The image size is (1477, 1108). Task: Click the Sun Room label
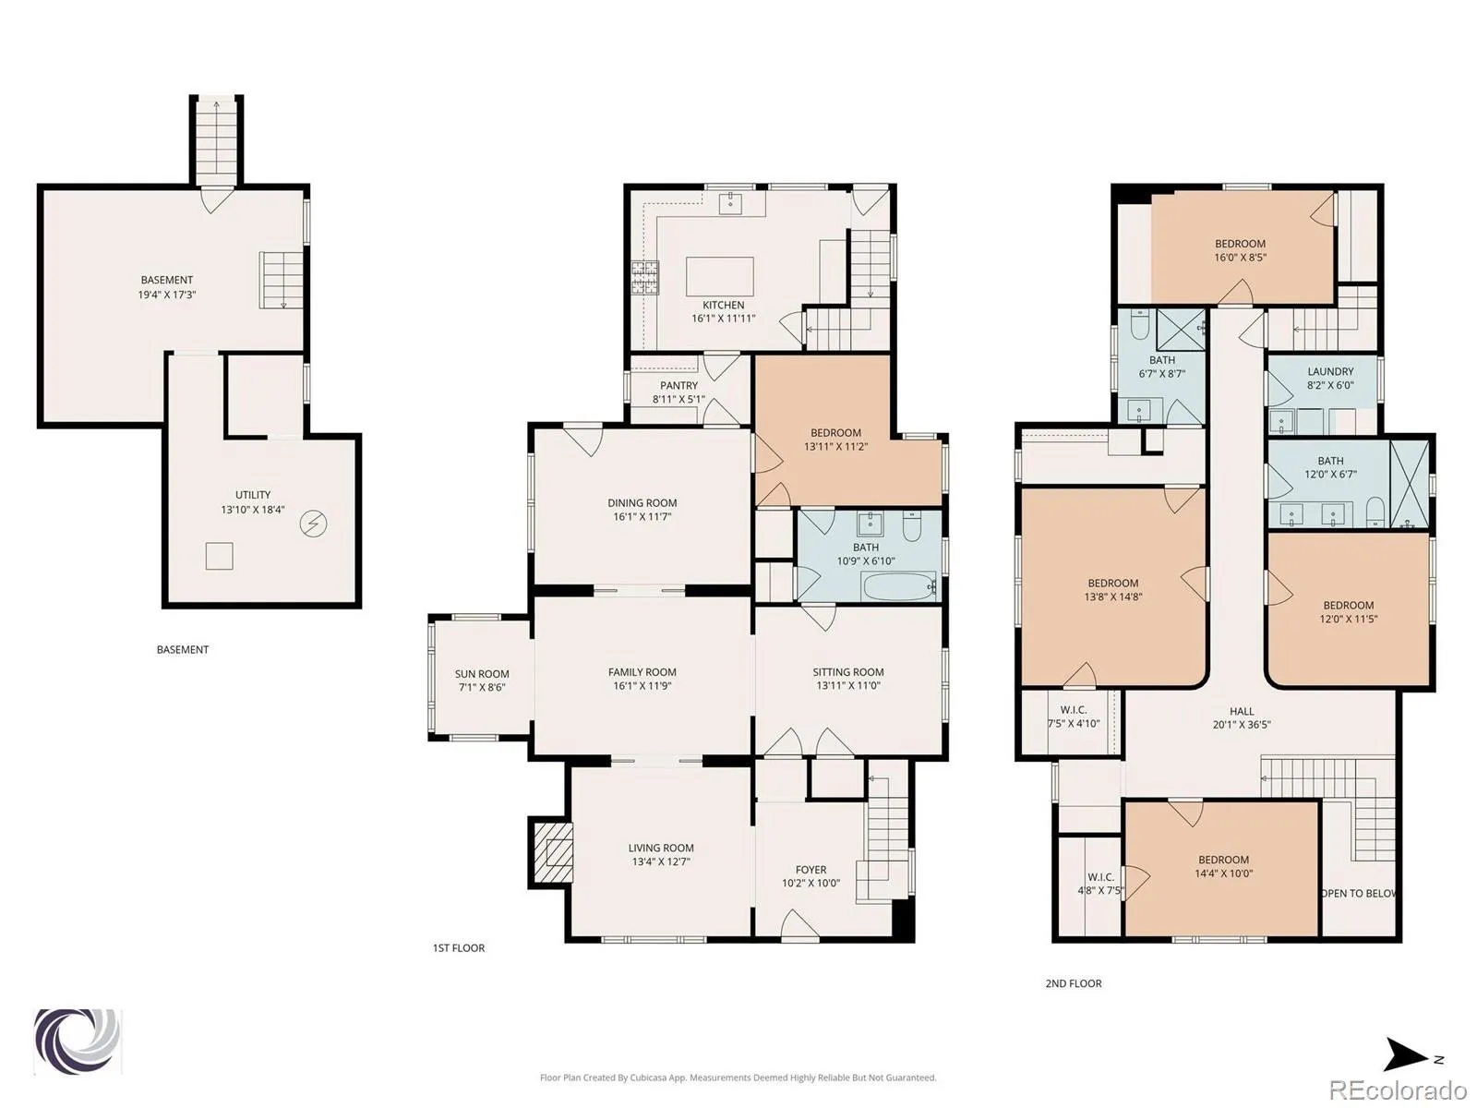pyautogui.click(x=482, y=673)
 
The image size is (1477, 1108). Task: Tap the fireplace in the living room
pyautogui.click(x=551, y=852)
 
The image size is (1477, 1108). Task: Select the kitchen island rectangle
pyautogui.click(x=719, y=276)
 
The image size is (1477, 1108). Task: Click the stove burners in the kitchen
pyautogui.click(x=645, y=277)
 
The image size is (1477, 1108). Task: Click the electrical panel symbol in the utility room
pyautogui.click(x=314, y=524)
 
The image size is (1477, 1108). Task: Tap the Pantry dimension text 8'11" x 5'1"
pyautogui.click(x=678, y=399)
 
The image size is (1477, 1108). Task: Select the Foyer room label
pyautogui.click(x=811, y=869)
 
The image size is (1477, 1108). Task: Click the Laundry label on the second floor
pyautogui.click(x=1330, y=371)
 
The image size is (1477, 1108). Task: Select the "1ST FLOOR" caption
pyautogui.click(x=458, y=948)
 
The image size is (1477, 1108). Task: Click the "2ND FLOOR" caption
pyautogui.click(x=1074, y=982)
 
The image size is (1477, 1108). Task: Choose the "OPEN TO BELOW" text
pyautogui.click(x=1359, y=894)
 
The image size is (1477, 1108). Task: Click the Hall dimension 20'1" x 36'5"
pyautogui.click(x=1242, y=725)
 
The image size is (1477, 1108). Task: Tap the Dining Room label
pyautogui.click(x=642, y=502)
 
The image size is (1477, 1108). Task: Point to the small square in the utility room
pyautogui.click(x=219, y=557)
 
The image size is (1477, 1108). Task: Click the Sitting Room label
pyautogui.click(x=847, y=671)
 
